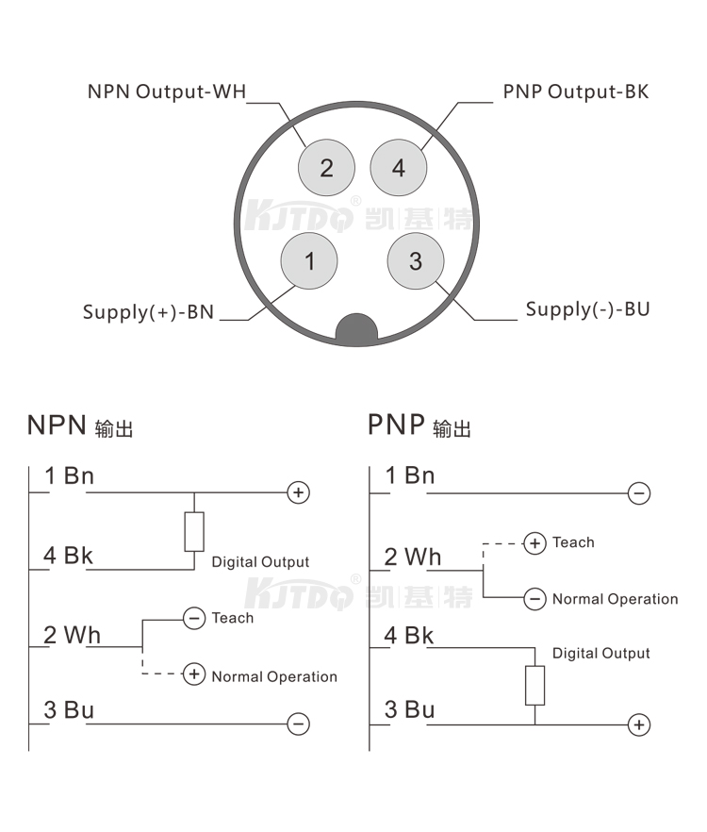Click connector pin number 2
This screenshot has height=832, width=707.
click(x=326, y=168)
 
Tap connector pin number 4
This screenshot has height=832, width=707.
click(x=399, y=168)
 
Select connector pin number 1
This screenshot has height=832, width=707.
click(x=310, y=260)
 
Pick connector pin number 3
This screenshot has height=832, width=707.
click(x=416, y=260)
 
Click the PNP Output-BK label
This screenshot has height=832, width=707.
click(x=575, y=92)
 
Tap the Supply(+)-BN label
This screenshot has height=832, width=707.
click(x=148, y=311)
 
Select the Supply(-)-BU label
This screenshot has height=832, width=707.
click(x=587, y=309)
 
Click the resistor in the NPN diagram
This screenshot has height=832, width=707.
click(x=194, y=531)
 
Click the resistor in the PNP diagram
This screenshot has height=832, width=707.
click(x=534, y=686)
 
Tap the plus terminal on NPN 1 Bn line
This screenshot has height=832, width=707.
click(x=298, y=492)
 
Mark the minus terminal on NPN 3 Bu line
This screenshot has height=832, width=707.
click(x=298, y=724)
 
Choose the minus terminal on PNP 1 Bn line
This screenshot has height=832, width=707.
click(x=638, y=492)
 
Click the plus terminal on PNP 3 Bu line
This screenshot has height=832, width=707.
click(x=639, y=724)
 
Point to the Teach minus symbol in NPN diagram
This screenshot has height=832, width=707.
click(x=194, y=619)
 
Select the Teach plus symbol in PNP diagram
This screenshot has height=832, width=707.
click(x=534, y=543)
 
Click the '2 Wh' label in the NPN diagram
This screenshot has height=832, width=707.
click(x=72, y=635)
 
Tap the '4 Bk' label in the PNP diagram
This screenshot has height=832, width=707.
click(x=409, y=636)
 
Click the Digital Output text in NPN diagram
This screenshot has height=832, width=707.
click(x=260, y=562)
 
